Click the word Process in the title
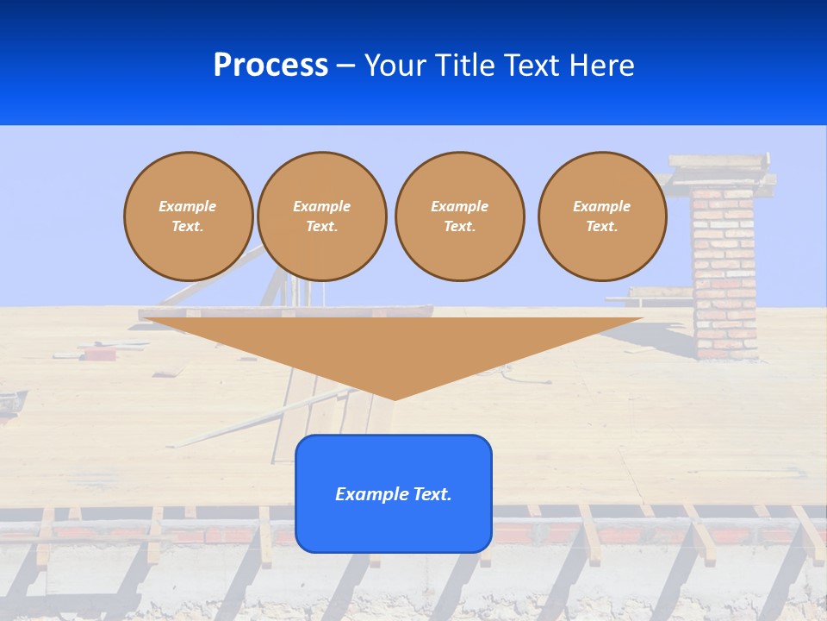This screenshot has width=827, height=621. (x=270, y=66)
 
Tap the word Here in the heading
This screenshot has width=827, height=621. (x=601, y=66)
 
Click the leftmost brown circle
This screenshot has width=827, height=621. (x=189, y=216)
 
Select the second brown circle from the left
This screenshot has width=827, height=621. (x=322, y=216)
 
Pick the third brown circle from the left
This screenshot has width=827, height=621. (x=460, y=216)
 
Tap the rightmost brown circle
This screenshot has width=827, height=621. (x=602, y=216)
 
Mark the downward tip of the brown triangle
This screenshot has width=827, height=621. (x=395, y=398)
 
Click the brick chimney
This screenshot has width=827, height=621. (x=724, y=276)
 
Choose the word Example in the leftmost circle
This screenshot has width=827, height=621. (x=188, y=207)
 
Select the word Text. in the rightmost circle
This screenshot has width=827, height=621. (x=602, y=227)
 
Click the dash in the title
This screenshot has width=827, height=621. (x=346, y=66)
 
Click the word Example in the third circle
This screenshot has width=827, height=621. (x=460, y=207)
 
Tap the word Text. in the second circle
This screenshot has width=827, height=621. (x=322, y=227)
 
